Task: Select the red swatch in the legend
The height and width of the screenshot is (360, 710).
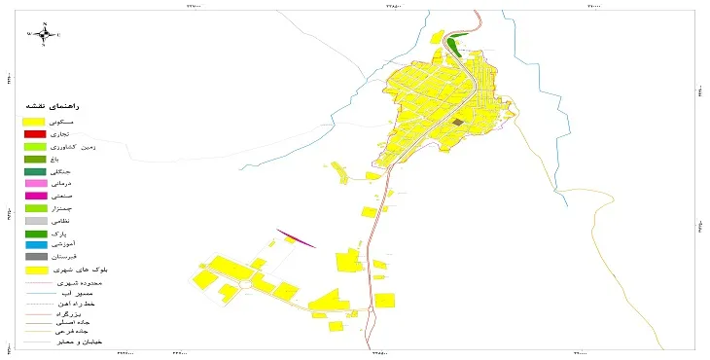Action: click(x=35, y=133)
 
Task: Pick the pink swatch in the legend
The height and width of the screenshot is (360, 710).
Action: click(x=35, y=183)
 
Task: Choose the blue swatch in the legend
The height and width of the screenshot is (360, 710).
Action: click(x=35, y=244)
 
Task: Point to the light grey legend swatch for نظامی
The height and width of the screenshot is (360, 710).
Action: click(x=35, y=221)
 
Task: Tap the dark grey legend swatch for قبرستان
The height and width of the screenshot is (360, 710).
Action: click(x=35, y=257)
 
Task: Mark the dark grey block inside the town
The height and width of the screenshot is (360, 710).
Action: click(x=457, y=123)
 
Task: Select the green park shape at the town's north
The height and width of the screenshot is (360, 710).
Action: click(x=456, y=42)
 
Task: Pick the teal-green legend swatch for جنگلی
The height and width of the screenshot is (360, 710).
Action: click(x=35, y=171)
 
